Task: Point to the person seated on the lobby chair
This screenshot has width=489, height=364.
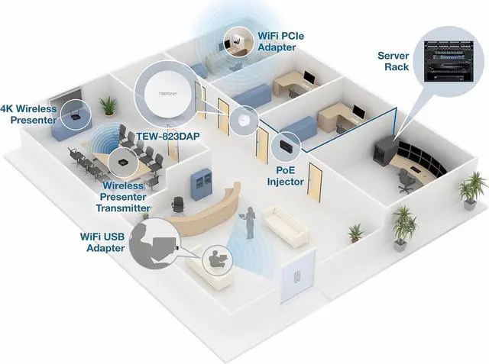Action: click(x=215, y=257)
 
